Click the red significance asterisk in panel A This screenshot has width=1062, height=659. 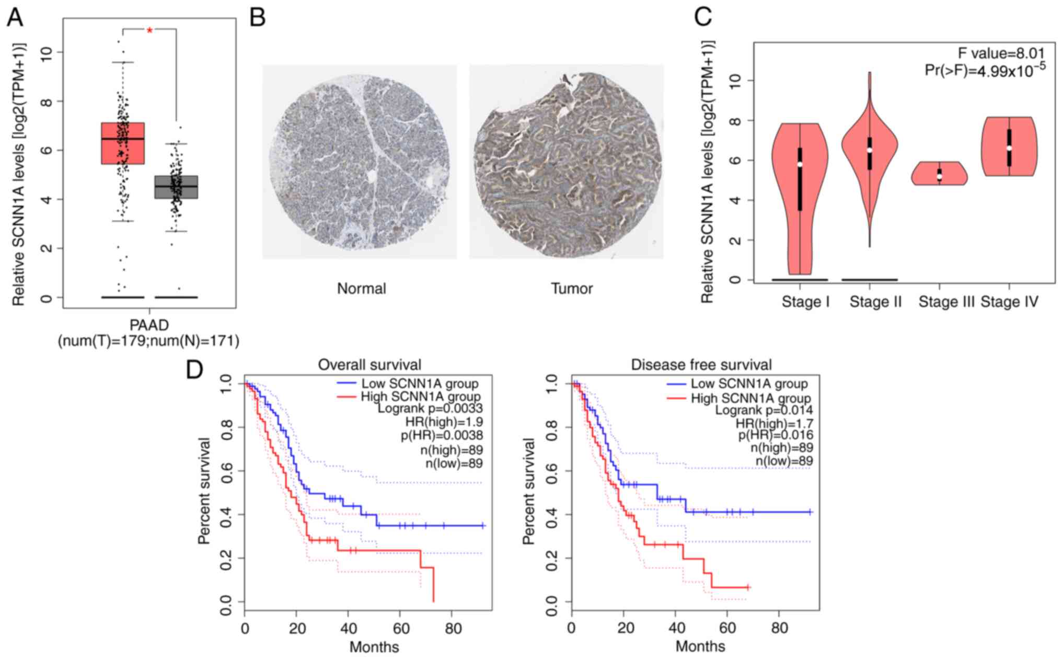pos(150,31)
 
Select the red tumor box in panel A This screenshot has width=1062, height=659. pos(123,143)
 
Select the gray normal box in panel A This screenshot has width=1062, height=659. pos(176,187)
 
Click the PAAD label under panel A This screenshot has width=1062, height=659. pos(149,325)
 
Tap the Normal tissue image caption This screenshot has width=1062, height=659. pos(361,289)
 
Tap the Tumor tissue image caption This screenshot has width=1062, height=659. pos(572,289)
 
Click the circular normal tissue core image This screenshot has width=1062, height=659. pos(359,162)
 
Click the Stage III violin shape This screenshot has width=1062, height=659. pos(939,174)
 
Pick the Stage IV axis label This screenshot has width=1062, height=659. pos(1009,302)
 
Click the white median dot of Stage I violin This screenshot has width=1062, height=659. pos(800,164)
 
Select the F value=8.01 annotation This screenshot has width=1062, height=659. pos(1001,53)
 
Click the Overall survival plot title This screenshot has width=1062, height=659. pos(370,365)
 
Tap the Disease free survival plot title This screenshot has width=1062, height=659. pos(701,365)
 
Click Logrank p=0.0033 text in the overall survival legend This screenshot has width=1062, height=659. pos(430,408)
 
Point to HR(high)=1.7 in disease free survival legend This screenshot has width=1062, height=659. pos(774,423)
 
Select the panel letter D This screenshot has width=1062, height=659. pos(194,370)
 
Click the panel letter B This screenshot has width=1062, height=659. pos(257,17)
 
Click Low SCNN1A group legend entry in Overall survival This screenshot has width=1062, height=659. pos(420,384)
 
